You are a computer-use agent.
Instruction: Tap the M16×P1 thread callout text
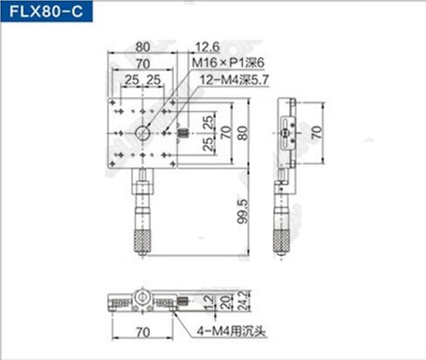(225, 64)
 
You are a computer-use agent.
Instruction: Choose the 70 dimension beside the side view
(317, 133)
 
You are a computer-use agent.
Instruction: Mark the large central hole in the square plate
(141, 133)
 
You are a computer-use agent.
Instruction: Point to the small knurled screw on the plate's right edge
(183, 134)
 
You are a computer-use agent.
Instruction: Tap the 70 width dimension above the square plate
(136, 63)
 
